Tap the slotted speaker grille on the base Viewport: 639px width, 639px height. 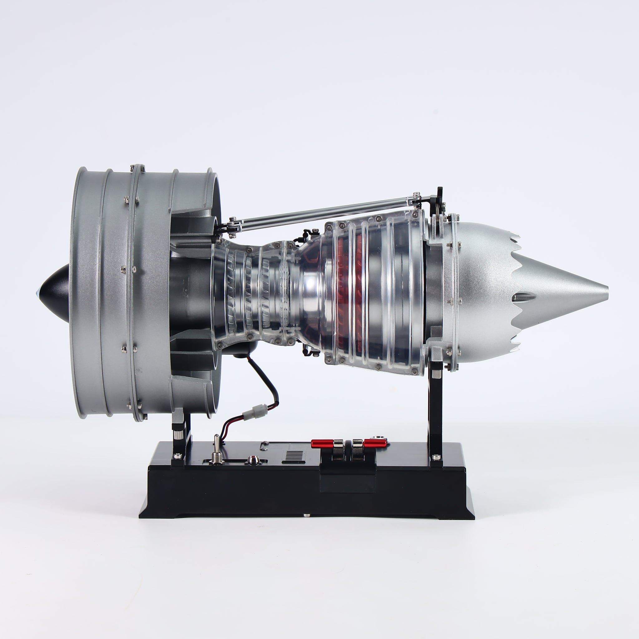tap(294, 456)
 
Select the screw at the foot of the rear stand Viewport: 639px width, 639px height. tap(437, 457)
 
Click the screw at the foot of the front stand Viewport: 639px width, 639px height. tap(178, 456)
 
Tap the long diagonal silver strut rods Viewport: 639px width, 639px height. tap(318, 212)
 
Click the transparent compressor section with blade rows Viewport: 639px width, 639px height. tap(248, 291)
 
